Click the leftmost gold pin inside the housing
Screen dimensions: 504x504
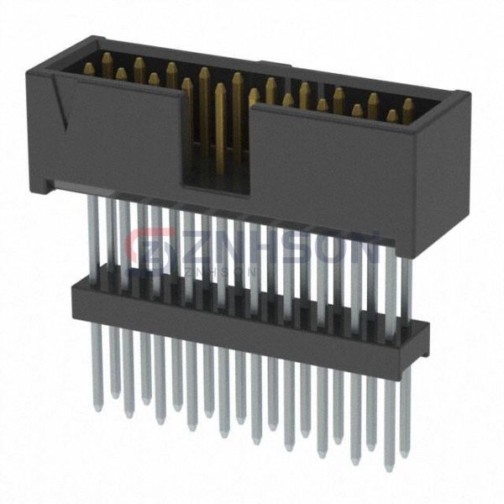coord(107,62)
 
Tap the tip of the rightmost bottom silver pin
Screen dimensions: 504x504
coord(389,467)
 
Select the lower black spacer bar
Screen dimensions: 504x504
coord(244,319)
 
